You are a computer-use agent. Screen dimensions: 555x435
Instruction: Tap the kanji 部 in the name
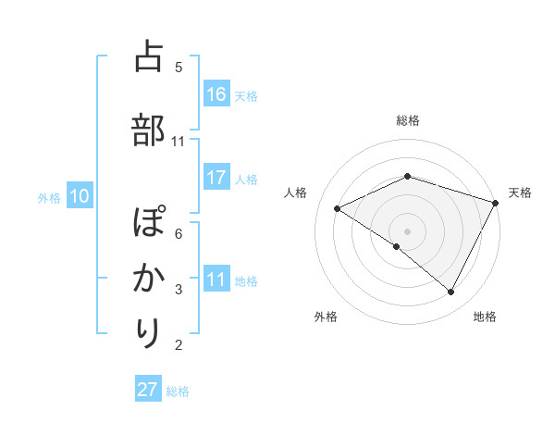click(x=148, y=129)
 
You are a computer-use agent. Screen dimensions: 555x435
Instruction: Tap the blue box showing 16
click(x=216, y=93)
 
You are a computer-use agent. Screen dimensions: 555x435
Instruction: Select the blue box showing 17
click(x=216, y=178)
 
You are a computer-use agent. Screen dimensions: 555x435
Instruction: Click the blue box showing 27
click(x=148, y=390)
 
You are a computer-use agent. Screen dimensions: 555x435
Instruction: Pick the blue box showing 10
click(x=79, y=196)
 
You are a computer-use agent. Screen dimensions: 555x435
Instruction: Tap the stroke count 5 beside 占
click(x=179, y=67)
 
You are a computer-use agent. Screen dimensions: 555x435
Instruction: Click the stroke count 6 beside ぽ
click(x=179, y=233)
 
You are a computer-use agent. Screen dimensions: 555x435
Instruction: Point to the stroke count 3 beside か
click(x=179, y=290)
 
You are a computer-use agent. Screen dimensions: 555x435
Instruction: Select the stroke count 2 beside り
click(x=179, y=345)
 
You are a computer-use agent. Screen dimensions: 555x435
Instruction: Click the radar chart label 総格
click(x=407, y=120)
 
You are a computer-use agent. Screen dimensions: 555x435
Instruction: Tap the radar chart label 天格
click(x=520, y=193)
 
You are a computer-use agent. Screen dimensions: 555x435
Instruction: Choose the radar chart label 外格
click(x=326, y=317)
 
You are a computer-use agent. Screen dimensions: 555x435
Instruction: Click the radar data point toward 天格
click(x=497, y=202)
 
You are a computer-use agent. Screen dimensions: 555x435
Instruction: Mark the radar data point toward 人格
click(x=338, y=208)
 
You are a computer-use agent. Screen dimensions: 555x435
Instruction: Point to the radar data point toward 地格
click(x=451, y=292)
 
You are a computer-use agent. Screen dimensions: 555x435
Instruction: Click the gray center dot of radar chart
click(x=407, y=230)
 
